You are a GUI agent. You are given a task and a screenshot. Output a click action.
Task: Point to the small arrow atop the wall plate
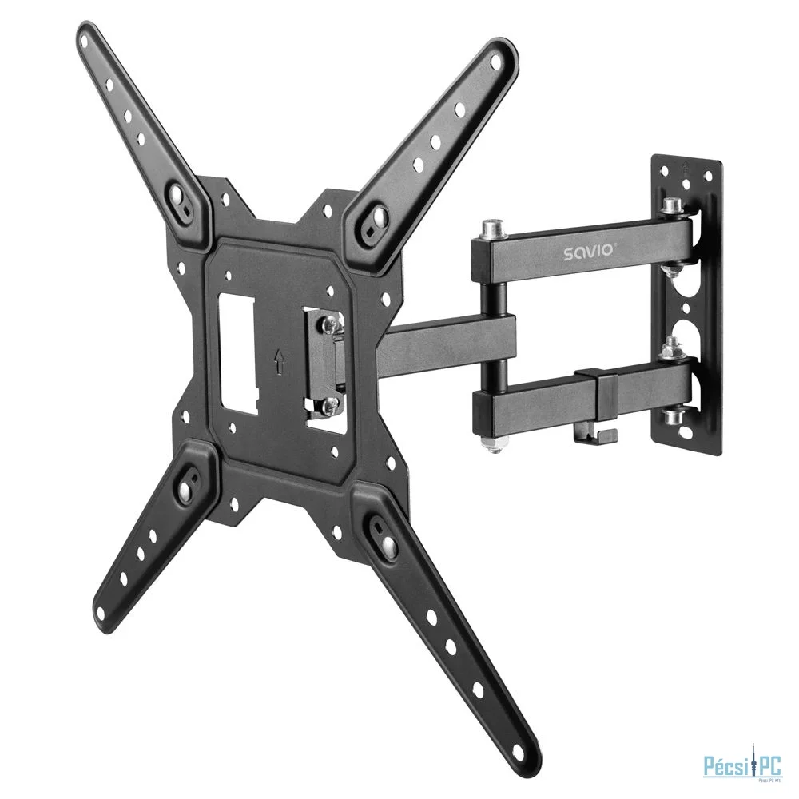point(686,166)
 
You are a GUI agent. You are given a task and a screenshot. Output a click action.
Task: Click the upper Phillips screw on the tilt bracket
point(328,325)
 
